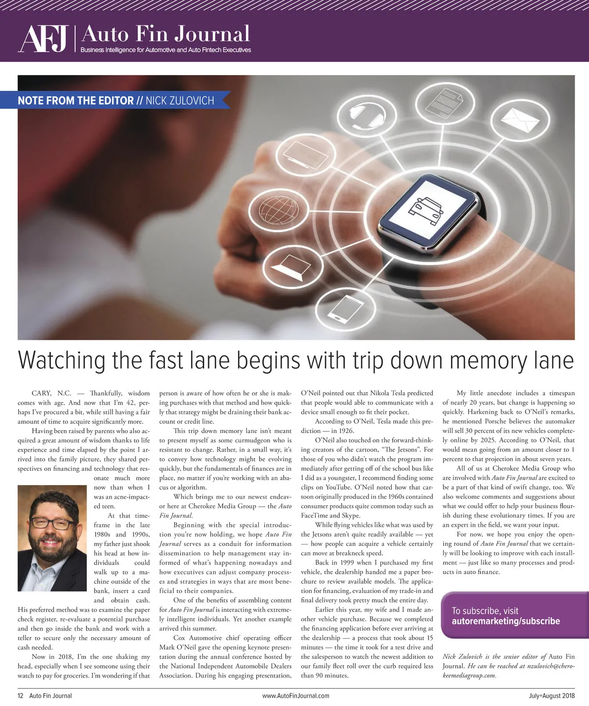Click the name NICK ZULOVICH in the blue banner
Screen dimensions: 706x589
[180, 101]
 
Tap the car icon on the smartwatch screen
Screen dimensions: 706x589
[425, 208]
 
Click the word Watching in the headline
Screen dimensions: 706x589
[61, 360]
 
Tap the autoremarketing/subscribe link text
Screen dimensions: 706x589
[506, 621]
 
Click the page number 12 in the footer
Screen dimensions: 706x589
[21, 696]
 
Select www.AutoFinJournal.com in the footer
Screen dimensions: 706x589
[295, 696]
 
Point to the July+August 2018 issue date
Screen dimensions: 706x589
[548, 696]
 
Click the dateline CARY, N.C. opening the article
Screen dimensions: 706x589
[52, 393]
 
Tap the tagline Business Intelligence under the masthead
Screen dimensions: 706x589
[165, 50]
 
